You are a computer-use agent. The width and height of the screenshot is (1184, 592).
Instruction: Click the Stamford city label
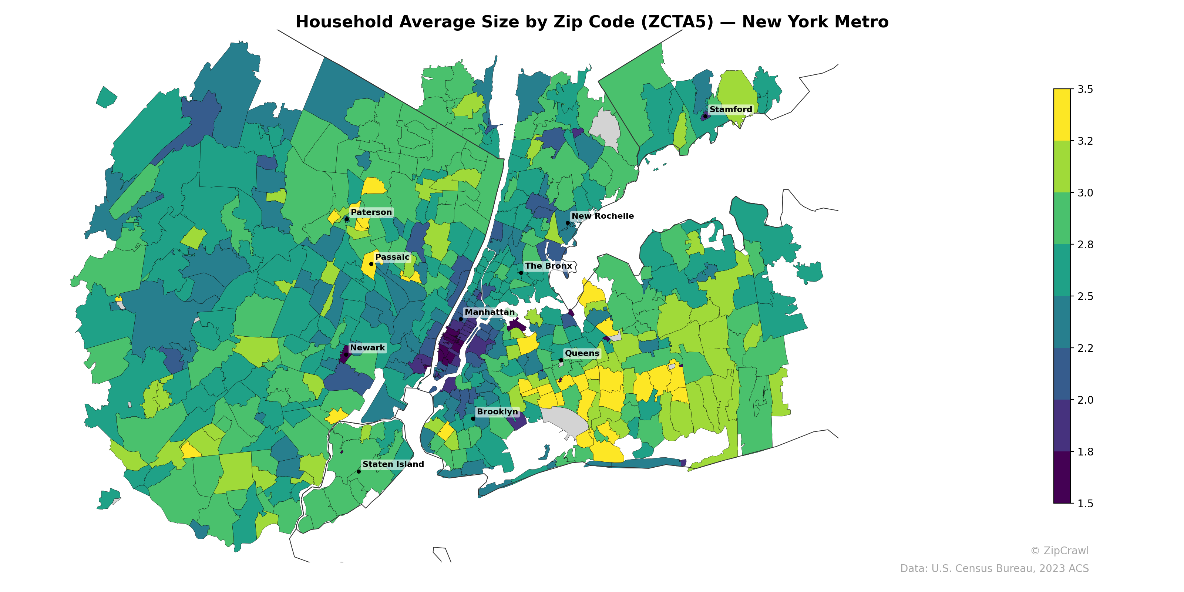[730, 110]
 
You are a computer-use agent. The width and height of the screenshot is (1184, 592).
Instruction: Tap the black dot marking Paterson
[347, 219]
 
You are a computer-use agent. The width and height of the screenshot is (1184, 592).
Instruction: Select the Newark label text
[367, 348]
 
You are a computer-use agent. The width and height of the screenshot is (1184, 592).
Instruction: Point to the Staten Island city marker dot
[359, 472]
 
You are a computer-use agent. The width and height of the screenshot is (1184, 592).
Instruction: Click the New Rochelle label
[602, 216]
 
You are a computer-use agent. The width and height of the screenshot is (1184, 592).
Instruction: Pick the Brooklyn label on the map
[497, 412]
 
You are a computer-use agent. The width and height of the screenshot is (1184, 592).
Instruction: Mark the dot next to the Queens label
[561, 360]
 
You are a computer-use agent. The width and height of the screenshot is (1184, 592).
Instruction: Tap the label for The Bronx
[548, 266]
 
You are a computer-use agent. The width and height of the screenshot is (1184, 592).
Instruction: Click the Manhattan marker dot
[461, 319]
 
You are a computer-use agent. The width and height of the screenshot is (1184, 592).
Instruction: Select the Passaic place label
[392, 258]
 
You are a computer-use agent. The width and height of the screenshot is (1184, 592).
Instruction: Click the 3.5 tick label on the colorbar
[1085, 89]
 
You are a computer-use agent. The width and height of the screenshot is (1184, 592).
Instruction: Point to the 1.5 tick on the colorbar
[1085, 504]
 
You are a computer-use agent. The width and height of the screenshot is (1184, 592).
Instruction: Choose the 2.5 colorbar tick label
[1085, 296]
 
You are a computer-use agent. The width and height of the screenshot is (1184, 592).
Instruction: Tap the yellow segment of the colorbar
[1062, 115]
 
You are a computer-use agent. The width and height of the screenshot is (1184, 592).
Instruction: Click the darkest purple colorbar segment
[1062, 478]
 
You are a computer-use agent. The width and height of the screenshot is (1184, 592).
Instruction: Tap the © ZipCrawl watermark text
[1059, 551]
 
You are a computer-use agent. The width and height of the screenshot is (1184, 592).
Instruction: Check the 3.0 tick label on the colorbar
[1085, 193]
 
